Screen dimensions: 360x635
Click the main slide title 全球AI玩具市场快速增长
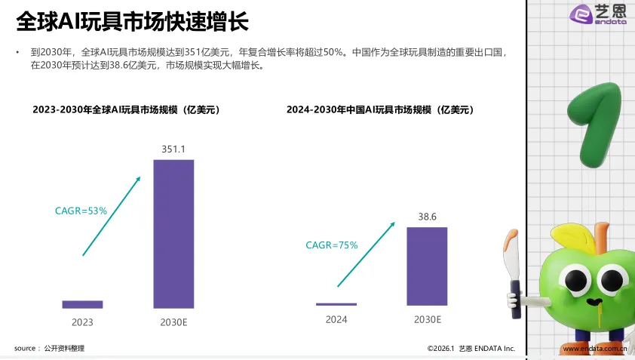pyautogui.click(x=132, y=21)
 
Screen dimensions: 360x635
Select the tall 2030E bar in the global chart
pyautogui.click(x=173, y=234)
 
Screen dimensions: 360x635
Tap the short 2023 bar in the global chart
pyautogui.click(x=82, y=304)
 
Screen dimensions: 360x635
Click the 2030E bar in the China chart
pyautogui.click(x=427, y=266)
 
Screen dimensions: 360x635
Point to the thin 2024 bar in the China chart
pyautogui.click(x=336, y=304)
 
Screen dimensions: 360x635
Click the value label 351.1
pyautogui.click(x=173, y=149)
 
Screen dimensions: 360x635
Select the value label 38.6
pyautogui.click(x=428, y=217)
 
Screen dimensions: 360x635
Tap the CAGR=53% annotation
pyautogui.click(x=81, y=211)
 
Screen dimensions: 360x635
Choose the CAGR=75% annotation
pyautogui.click(x=331, y=245)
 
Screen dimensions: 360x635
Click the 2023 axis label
pyautogui.click(x=82, y=322)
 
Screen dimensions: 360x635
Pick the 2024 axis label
pyautogui.click(x=336, y=319)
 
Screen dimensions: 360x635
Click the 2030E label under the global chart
pyautogui.click(x=173, y=322)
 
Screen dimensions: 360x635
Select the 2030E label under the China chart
pyautogui.click(x=428, y=319)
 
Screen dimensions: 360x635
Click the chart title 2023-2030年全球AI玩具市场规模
pyautogui.click(x=126, y=109)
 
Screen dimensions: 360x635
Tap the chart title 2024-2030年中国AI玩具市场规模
pyautogui.click(x=380, y=109)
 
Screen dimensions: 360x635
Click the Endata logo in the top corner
pyautogui.click(x=597, y=14)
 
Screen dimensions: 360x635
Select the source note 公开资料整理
pyautogui.click(x=63, y=348)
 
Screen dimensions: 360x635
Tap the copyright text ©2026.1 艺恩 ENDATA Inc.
pyautogui.click(x=471, y=349)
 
